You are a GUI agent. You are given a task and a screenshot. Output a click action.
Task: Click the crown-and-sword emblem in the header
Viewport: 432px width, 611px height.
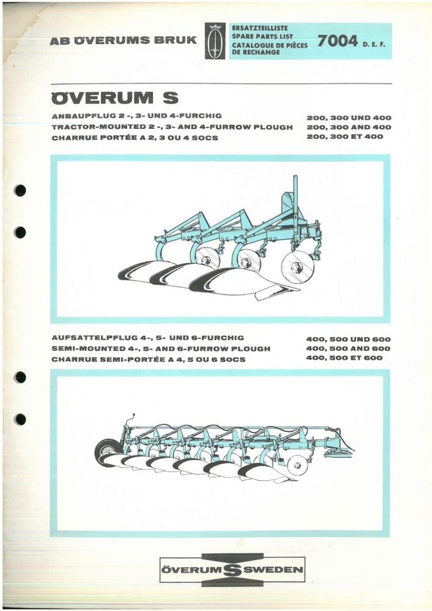tap(214, 40)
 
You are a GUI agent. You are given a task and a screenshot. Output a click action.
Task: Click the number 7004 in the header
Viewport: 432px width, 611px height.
tap(337, 41)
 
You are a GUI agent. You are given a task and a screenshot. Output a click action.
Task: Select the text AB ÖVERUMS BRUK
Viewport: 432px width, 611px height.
tap(123, 40)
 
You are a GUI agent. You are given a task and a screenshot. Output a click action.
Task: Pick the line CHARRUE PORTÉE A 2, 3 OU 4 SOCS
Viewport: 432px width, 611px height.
tap(135, 138)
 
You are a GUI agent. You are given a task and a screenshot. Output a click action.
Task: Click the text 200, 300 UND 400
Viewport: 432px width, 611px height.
tap(349, 117)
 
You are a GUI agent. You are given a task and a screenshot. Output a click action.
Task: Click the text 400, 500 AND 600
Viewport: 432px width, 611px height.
tap(349, 348)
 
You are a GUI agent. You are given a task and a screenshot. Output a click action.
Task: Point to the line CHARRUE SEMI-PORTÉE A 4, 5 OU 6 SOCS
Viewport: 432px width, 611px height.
tap(149, 359)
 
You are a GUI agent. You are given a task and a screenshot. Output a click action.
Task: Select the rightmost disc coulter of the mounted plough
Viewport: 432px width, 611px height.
tap(297, 267)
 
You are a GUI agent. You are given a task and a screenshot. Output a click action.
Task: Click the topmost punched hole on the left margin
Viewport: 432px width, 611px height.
tap(20, 190)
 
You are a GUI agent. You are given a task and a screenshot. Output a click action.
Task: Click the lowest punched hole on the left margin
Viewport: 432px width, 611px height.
tap(20, 419)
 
